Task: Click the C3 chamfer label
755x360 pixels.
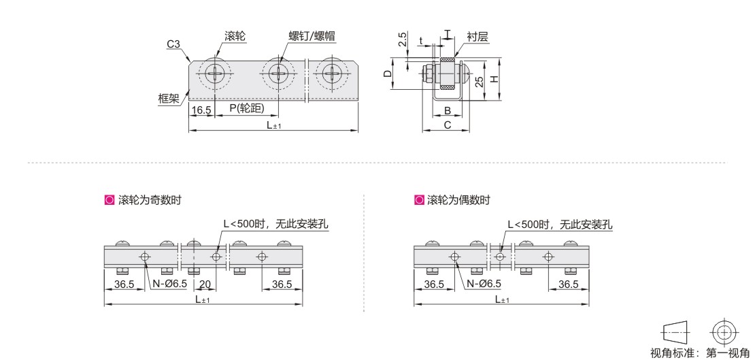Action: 173,44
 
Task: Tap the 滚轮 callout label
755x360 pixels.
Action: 235,36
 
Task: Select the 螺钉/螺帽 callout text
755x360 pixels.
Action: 312,36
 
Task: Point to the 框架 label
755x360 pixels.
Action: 168,99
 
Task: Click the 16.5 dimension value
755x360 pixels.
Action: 201,110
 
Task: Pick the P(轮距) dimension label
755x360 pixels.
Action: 247,109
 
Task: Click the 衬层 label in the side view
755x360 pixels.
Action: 477,36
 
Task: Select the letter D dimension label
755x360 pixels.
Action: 387,74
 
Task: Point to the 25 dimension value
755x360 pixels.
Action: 478,82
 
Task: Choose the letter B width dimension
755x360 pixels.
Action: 448,111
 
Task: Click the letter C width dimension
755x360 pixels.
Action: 448,125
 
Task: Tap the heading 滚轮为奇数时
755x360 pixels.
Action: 150,200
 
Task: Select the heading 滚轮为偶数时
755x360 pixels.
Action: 458,200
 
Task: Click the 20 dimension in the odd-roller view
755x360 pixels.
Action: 205,284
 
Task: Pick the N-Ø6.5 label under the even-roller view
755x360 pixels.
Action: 484,284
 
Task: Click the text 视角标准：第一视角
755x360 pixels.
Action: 700,353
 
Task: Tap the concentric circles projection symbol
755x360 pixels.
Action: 724,332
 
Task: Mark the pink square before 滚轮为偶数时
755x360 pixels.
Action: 419,200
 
